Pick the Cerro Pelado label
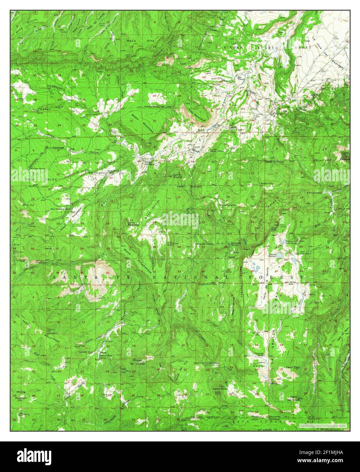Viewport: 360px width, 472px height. pyautogui.click(x=292, y=367)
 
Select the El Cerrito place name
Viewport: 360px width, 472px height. pyautogui.click(x=232, y=127)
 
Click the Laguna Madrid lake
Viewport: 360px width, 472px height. pyautogui.click(x=279, y=255)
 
